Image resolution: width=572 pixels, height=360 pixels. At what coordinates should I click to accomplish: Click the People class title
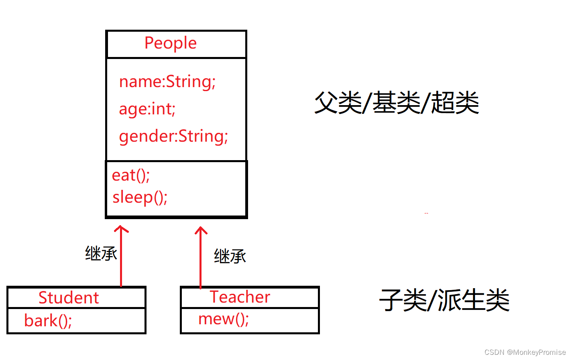click(171, 43)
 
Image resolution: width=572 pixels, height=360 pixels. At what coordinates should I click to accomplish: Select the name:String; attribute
click(167, 81)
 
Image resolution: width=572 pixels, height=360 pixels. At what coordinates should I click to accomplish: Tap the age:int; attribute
click(147, 109)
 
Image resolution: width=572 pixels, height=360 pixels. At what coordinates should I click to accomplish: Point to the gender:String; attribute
click(173, 136)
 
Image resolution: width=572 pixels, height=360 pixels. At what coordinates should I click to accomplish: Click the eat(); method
click(131, 175)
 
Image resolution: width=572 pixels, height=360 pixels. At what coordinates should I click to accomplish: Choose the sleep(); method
click(140, 197)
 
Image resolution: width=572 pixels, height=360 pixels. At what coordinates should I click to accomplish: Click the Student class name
click(69, 298)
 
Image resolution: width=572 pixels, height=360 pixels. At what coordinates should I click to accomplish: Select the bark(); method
click(48, 321)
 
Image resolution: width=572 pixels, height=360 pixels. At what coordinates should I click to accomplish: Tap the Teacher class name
click(240, 297)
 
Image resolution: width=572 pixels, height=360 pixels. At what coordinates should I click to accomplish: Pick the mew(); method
click(224, 319)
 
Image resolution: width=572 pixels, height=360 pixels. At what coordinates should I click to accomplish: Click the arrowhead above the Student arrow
click(121, 229)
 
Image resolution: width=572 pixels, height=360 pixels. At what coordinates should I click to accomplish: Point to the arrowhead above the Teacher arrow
click(201, 230)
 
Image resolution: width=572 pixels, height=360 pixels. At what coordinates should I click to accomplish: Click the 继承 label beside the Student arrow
click(101, 254)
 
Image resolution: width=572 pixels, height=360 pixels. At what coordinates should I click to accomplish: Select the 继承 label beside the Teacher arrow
click(230, 256)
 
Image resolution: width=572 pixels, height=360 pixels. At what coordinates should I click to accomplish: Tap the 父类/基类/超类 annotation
click(397, 102)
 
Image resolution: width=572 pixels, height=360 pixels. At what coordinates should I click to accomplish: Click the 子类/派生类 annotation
click(444, 300)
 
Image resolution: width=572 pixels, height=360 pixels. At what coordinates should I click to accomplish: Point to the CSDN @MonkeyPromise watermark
click(525, 352)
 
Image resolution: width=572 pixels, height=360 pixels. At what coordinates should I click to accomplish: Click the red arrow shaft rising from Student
click(121, 261)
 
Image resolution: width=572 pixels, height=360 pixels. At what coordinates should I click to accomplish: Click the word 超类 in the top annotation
click(455, 102)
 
